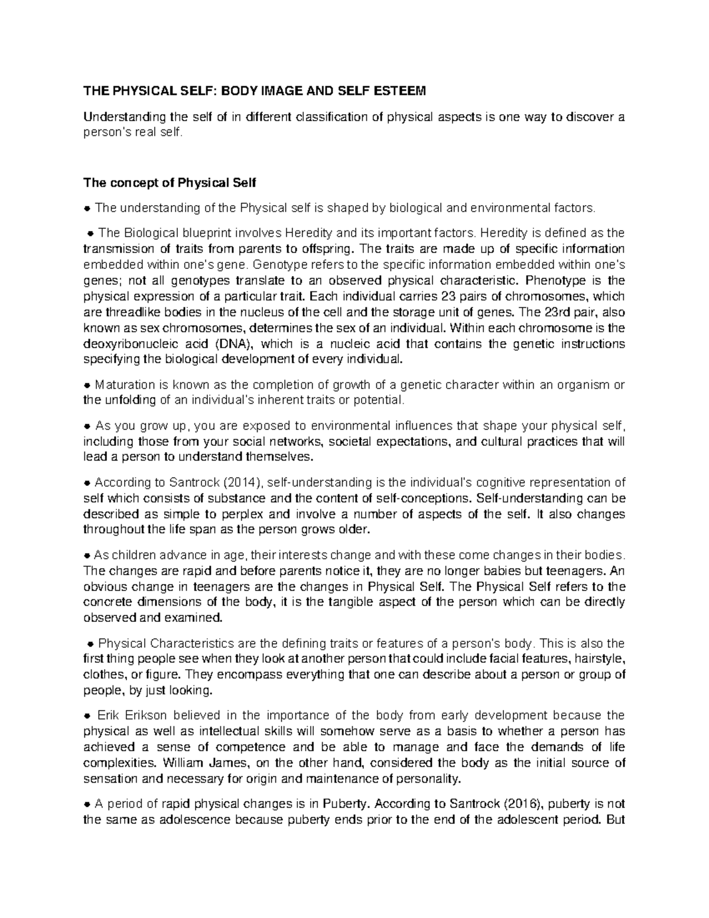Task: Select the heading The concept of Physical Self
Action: click(x=170, y=183)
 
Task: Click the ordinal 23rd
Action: click(x=561, y=312)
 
